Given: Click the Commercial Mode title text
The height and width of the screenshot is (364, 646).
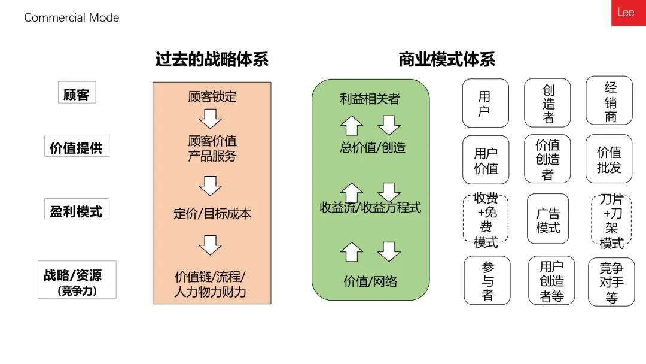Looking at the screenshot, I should [x=71, y=17].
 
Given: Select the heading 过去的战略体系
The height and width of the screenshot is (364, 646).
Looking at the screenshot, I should [x=212, y=59].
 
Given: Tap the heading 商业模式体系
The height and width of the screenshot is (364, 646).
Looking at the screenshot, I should [x=447, y=59].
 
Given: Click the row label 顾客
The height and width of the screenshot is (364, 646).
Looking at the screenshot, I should [x=77, y=93].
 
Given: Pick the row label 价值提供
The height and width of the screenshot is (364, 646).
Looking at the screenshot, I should [x=77, y=146].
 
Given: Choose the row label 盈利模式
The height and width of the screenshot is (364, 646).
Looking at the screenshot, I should [x=77, y=210].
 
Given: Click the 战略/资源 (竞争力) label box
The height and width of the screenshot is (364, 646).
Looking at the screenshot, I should [x=77, y=280].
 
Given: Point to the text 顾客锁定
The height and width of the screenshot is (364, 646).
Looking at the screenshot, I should [x=212, y=96].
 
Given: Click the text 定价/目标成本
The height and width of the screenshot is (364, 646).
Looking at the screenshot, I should [x=212, y=213].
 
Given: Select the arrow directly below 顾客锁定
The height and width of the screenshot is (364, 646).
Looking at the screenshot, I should [x=210, y=119].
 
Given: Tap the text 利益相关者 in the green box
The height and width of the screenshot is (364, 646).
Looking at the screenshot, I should [x=370, y=99].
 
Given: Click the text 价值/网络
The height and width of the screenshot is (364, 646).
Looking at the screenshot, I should [x=370, y=281].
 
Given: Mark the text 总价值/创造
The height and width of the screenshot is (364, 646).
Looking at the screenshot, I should [x=372, y=147].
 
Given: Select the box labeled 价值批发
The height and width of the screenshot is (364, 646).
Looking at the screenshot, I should [x=609, y=160].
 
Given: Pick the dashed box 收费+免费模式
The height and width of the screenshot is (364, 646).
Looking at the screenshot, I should [x=486, y=220].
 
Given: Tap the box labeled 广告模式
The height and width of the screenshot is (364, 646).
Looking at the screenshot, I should [x=548, y=220].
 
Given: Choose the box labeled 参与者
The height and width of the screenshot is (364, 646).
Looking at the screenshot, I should [x=487, y=281].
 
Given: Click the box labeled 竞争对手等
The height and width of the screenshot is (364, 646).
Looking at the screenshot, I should [x=611, y=282].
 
